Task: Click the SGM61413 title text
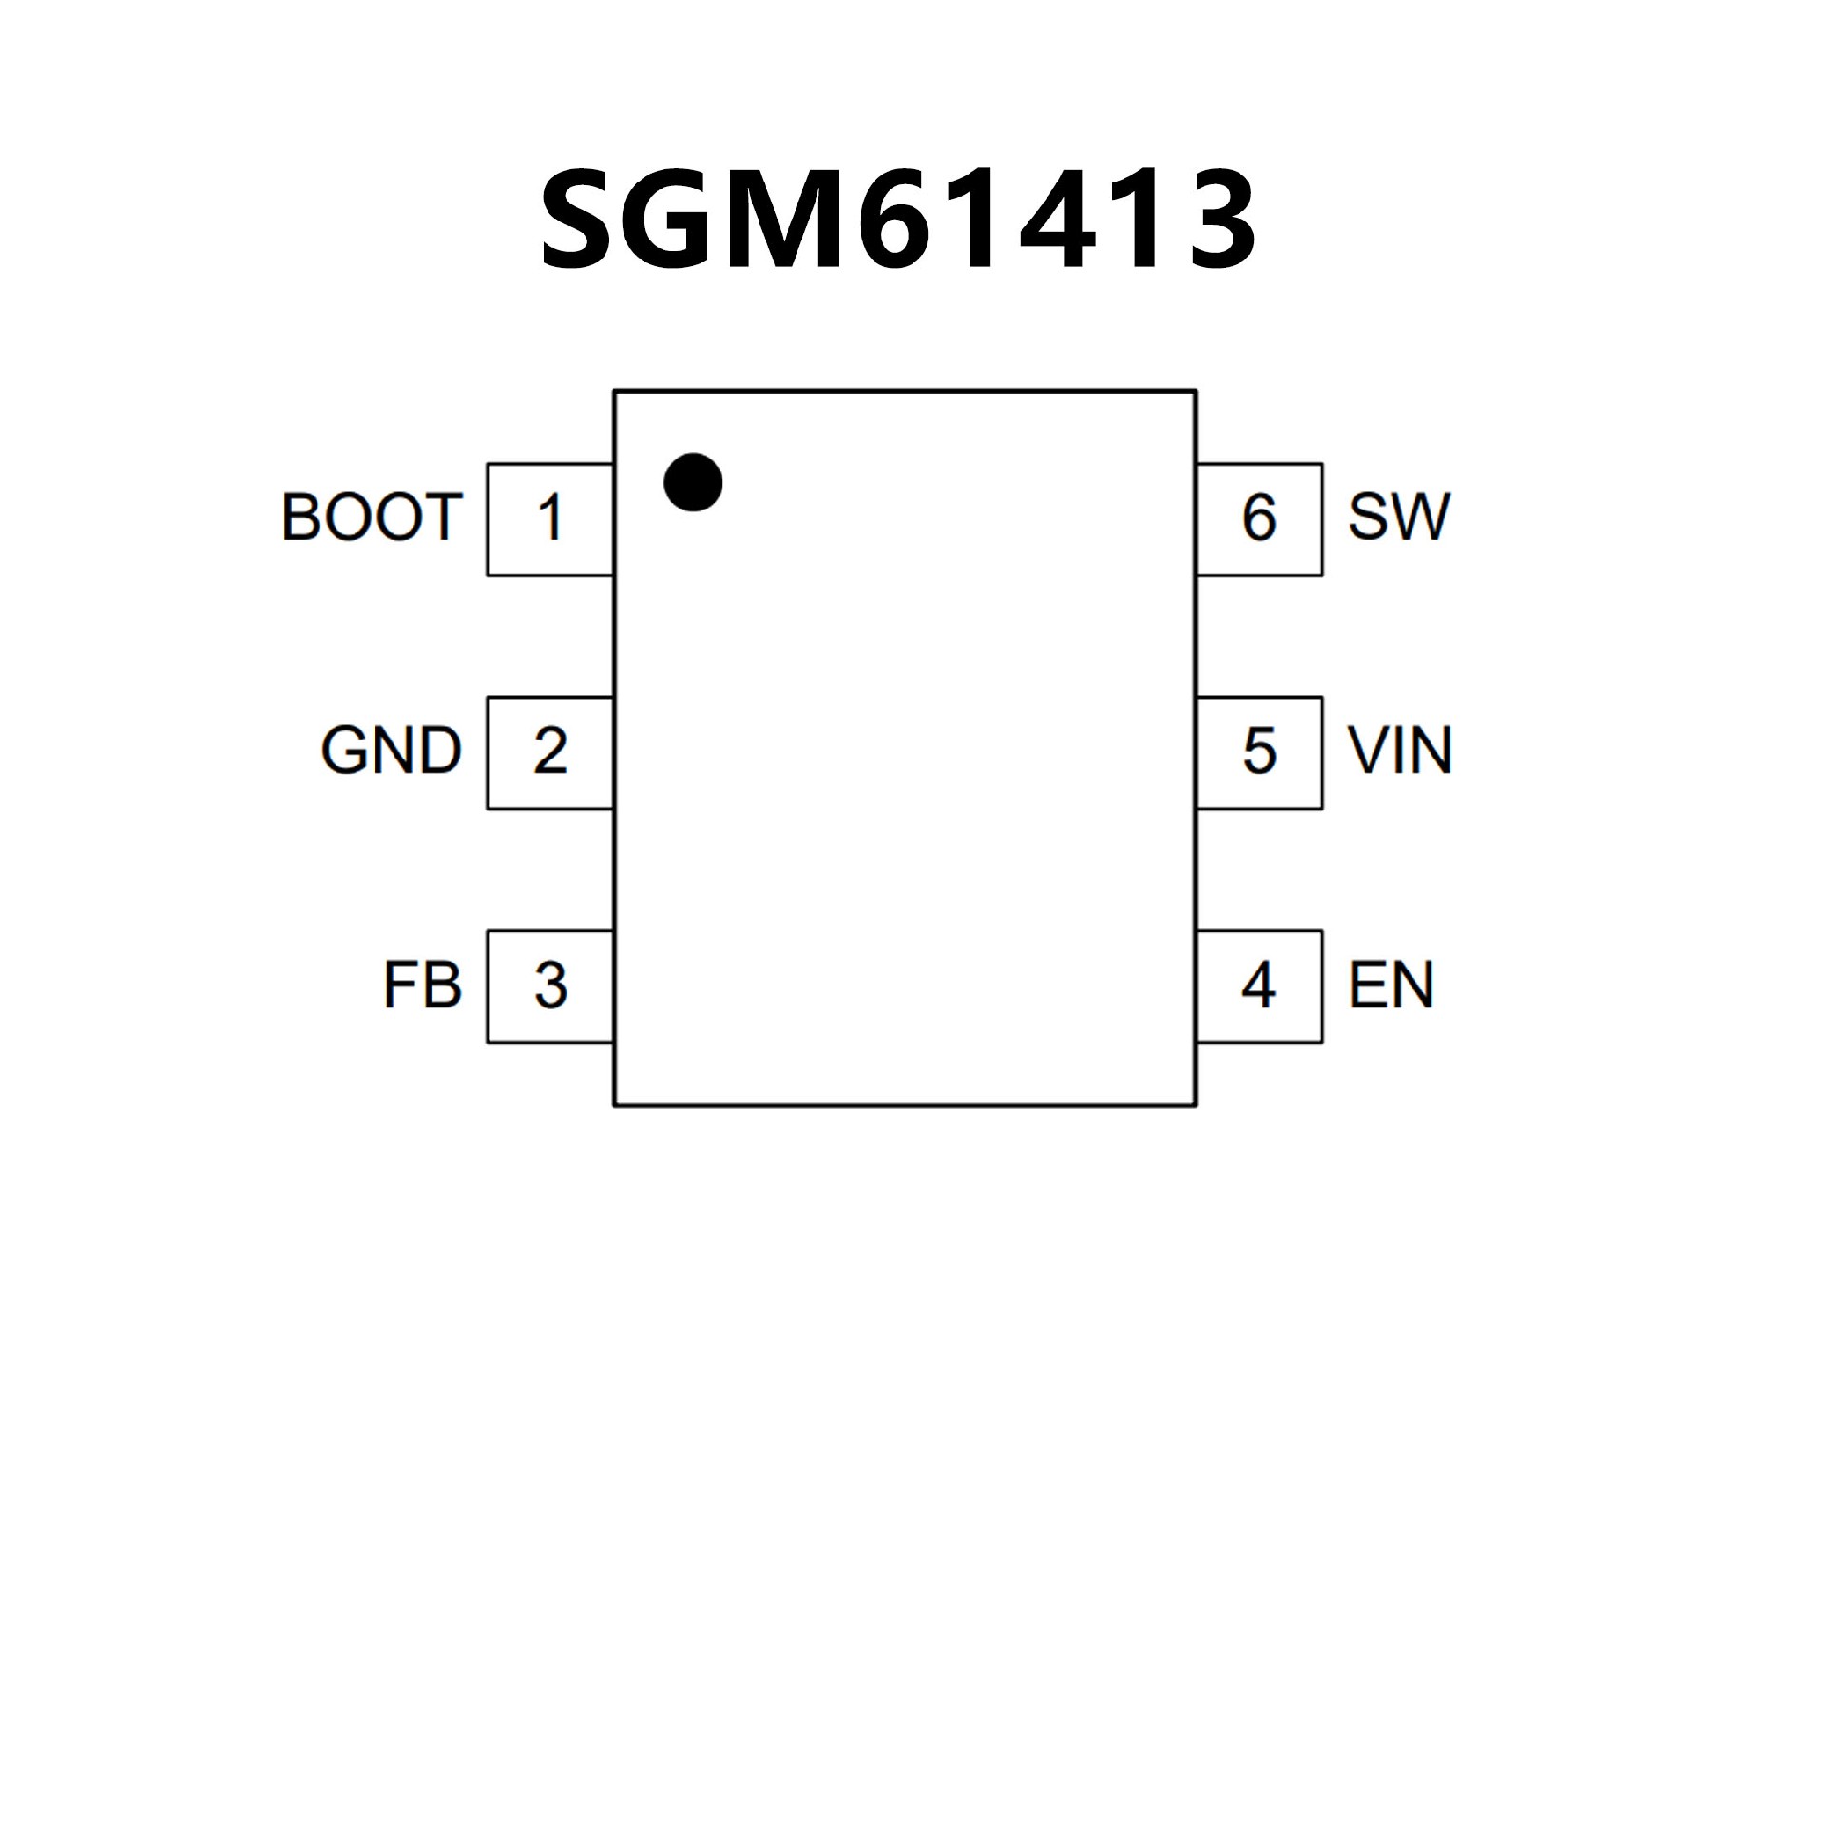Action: [898, 219]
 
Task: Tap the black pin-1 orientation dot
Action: [693, 482]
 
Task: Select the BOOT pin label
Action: [372, 518]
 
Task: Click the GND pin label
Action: [391, 751]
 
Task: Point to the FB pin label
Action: [422, 985]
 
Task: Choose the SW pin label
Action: [1398, 518]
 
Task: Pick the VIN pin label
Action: [1400, 751]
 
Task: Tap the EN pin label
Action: [1391, 985]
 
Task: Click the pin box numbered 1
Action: [550, 519]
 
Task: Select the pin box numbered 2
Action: [550, 752]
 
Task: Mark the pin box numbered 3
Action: [550, 986]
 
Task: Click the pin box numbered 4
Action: [1258, 986]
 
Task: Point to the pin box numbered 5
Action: [1258, 752]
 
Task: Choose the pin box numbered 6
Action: [1258, 519]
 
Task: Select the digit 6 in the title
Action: [893, 220]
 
